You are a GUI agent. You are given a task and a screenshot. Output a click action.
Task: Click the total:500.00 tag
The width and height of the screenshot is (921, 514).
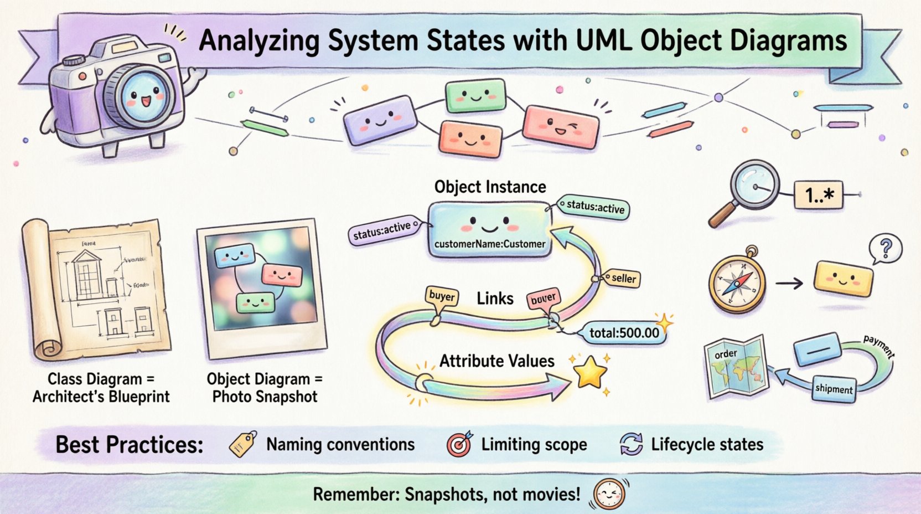624,333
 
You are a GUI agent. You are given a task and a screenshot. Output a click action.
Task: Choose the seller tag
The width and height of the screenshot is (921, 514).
623,279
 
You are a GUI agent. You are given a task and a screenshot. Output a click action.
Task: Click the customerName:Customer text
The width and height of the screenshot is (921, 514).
490,244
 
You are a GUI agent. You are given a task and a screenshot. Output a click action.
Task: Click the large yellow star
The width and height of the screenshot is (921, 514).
590,372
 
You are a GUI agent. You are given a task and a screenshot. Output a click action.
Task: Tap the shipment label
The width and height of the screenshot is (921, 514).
834,389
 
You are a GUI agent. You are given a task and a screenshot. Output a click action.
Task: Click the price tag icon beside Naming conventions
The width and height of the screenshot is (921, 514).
243,444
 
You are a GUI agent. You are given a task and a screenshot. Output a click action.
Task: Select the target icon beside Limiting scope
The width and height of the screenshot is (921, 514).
459,444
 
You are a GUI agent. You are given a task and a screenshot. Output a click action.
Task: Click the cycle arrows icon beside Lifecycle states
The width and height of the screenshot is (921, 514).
631,444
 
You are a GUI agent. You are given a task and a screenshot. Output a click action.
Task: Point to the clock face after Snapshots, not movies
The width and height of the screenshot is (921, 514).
609,493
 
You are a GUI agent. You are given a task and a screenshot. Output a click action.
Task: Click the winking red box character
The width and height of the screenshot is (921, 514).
561,127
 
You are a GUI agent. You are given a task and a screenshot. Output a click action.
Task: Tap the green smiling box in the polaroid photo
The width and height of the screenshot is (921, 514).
255,302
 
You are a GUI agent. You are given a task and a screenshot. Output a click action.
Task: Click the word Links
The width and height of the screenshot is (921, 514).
495,299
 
